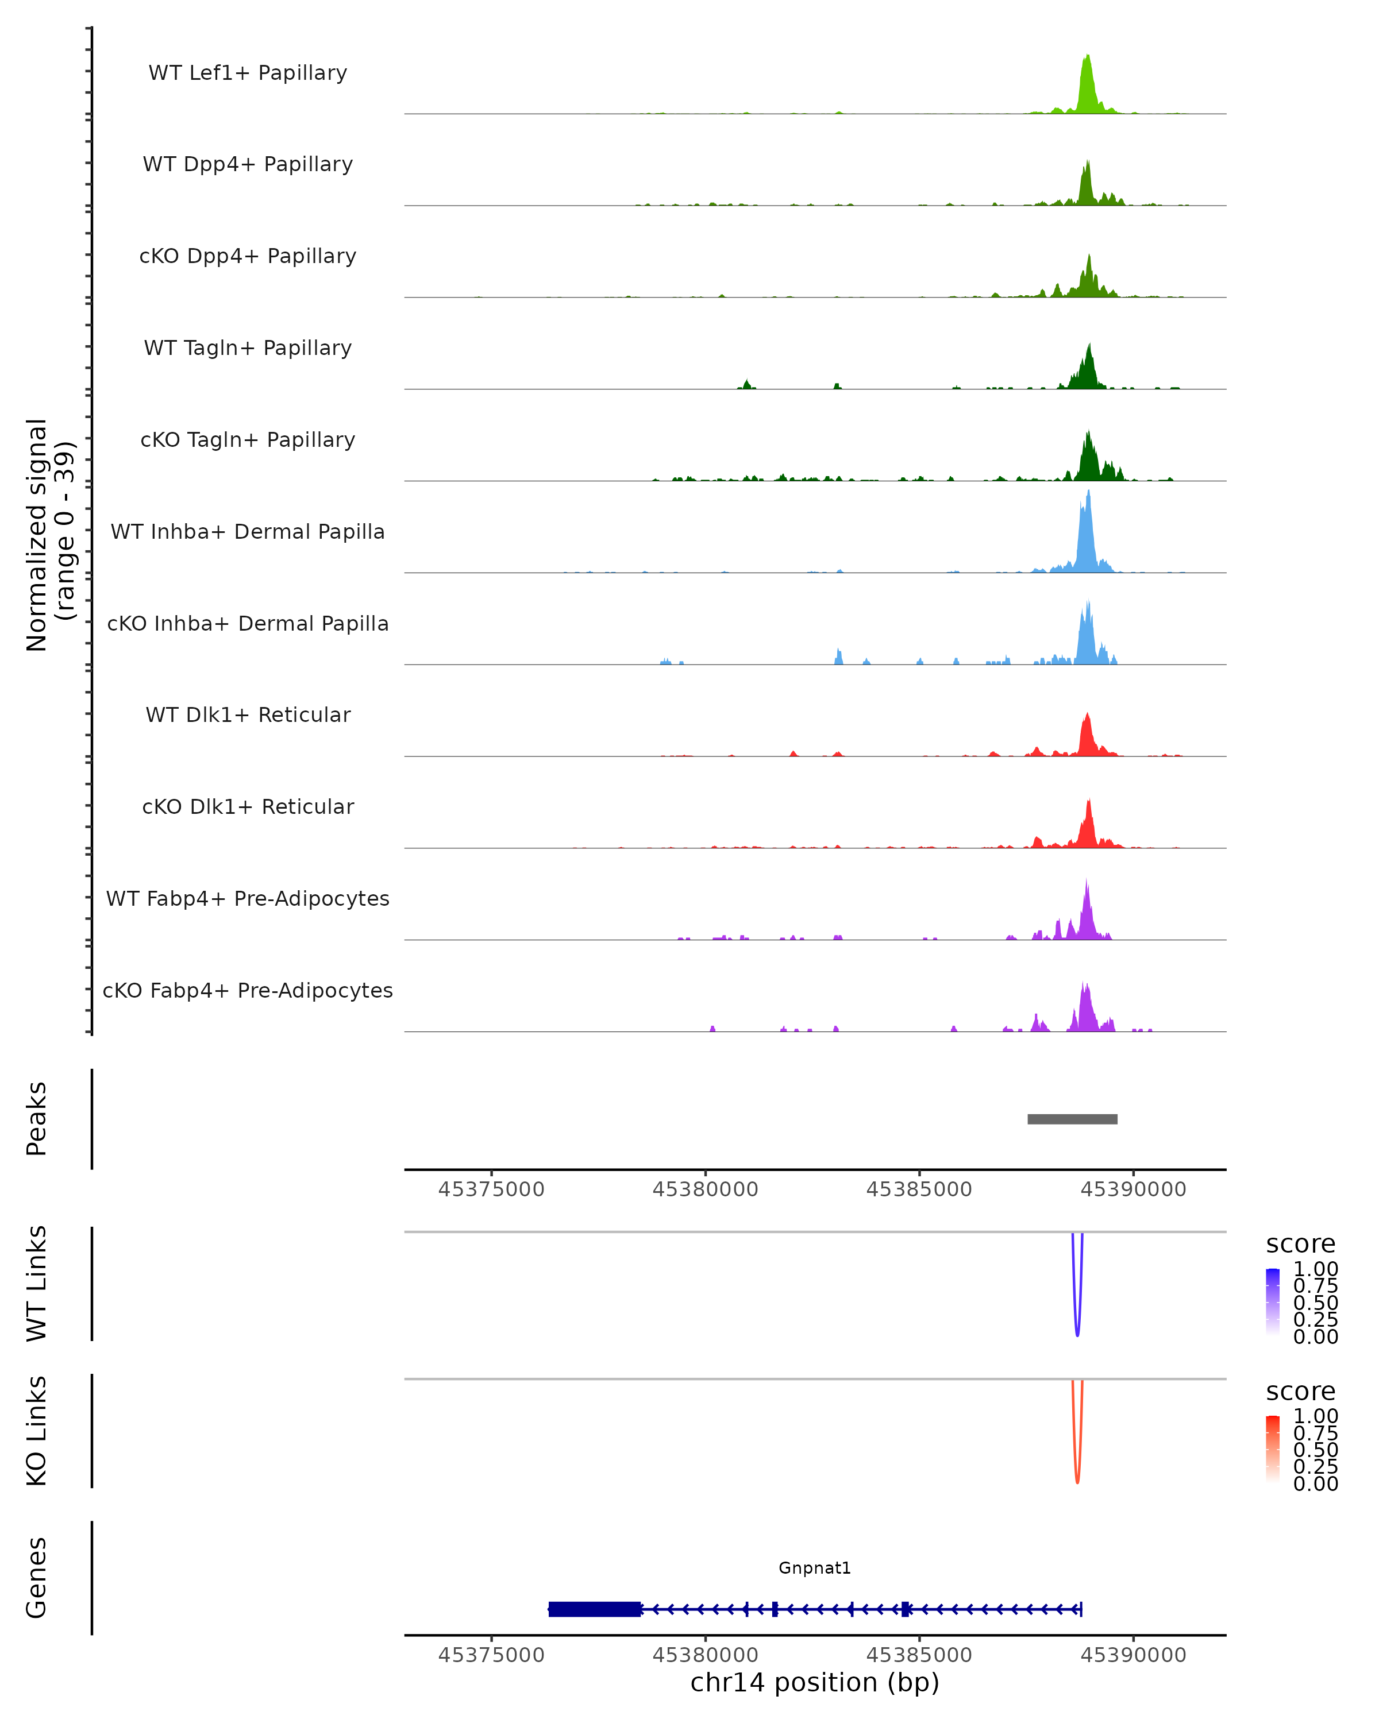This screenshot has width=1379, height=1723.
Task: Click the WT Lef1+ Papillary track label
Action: (x=248, y=73)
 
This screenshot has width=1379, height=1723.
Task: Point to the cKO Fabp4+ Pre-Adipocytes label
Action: (x=248, y=990)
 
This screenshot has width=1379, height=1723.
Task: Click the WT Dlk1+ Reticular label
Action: (x=248, y=714)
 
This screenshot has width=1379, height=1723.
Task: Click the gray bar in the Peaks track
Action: (x=1072, y=1119)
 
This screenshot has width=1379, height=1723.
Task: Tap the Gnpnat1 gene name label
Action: (x=815, y=1568)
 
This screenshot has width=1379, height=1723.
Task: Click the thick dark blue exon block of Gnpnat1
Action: (x=595, y=1609)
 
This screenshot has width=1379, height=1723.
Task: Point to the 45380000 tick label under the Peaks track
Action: (x=705, y=1189)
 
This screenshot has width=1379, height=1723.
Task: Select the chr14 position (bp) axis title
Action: (x=815, y=1683)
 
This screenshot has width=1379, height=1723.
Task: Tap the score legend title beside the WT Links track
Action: (x=1300, y=1245)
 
